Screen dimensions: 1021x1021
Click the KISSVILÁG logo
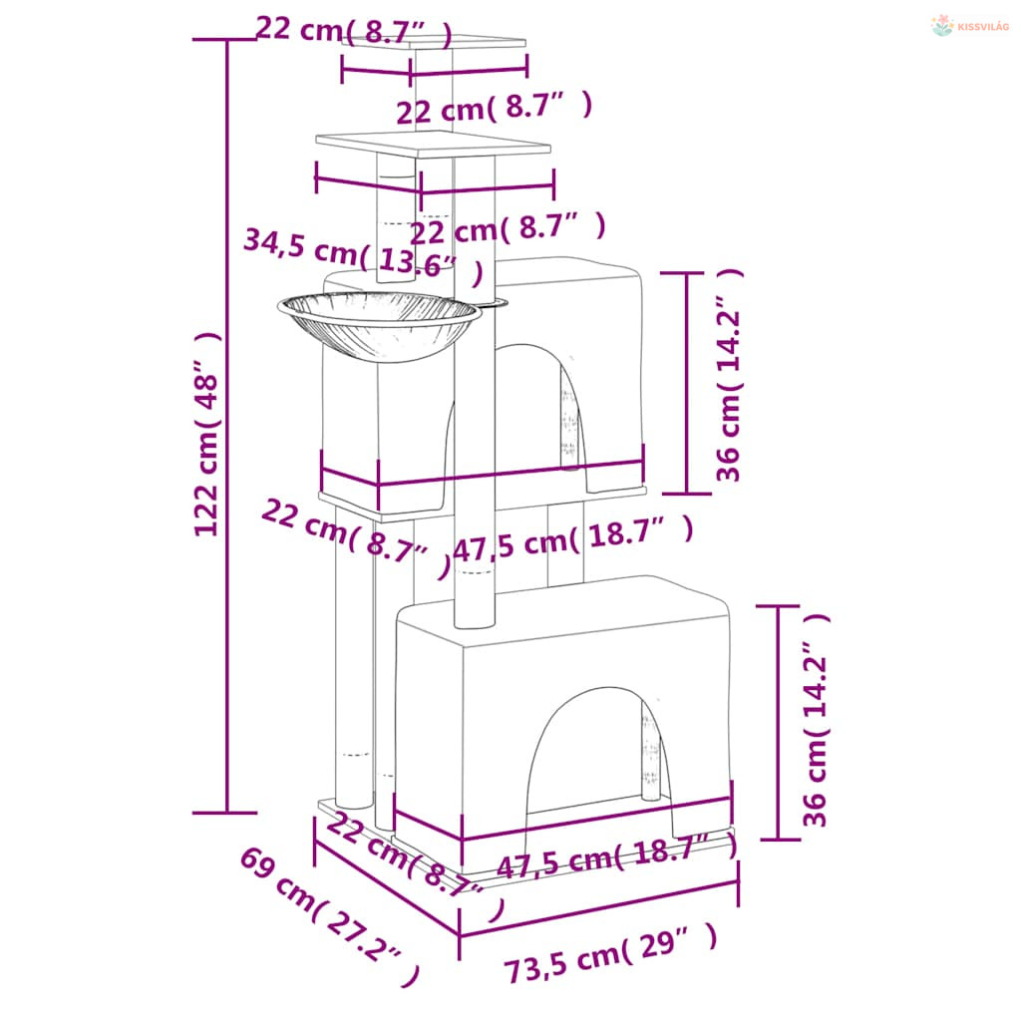969,26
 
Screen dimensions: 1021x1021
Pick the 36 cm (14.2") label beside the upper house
729,375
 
